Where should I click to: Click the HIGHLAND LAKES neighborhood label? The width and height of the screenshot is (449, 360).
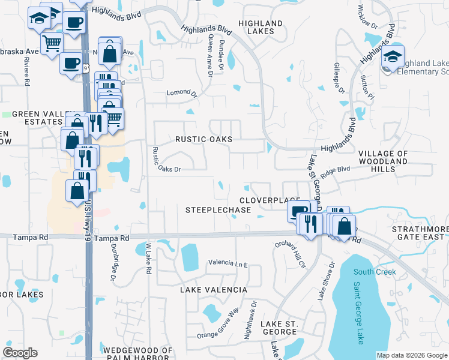261,28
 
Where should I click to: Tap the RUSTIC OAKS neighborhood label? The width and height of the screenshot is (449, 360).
203,139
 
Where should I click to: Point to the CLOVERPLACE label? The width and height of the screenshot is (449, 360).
270,200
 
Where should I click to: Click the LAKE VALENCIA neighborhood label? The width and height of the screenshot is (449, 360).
214,290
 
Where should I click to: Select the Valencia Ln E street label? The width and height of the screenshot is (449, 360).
228,263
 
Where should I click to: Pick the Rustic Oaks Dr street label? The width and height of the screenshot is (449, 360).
161,169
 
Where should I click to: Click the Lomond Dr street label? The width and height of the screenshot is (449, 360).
181,94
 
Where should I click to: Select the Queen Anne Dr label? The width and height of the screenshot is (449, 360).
210,56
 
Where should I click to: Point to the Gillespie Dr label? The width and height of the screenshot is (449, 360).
339,78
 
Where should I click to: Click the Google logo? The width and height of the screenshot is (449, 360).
20,353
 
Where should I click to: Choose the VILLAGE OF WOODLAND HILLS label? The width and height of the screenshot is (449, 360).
383,161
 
